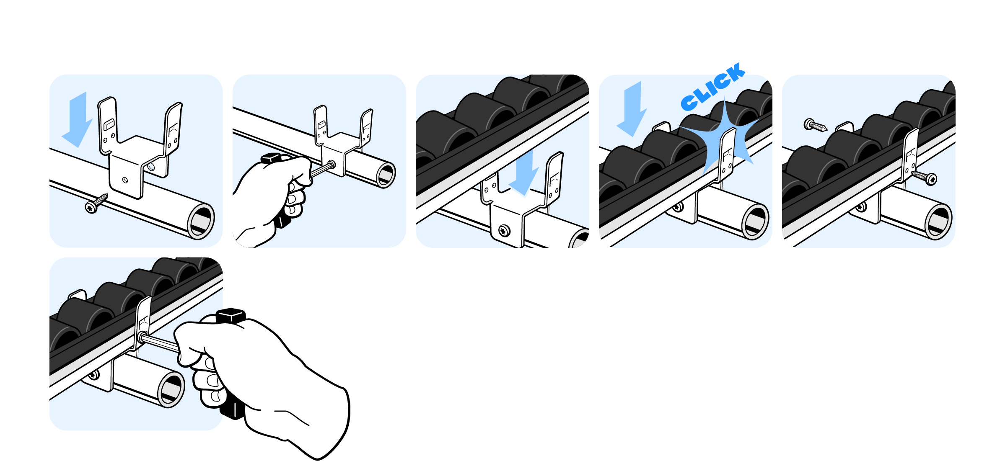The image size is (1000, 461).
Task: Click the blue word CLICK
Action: (x=712, y=87)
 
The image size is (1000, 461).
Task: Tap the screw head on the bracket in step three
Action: (x=505, y=230)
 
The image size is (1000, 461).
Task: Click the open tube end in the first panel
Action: (x=201, y=221)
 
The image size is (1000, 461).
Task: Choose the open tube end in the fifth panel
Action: (x=938, y=221)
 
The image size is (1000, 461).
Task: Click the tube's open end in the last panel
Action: (x=171, y=389)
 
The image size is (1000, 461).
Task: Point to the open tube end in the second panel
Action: (x=386, y=174)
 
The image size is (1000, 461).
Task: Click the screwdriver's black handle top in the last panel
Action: (x=231, y=315)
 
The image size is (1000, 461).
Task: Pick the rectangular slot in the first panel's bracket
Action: (x=109, y=125)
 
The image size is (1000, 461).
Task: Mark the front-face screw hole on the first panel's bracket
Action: (x=125, y=180)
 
